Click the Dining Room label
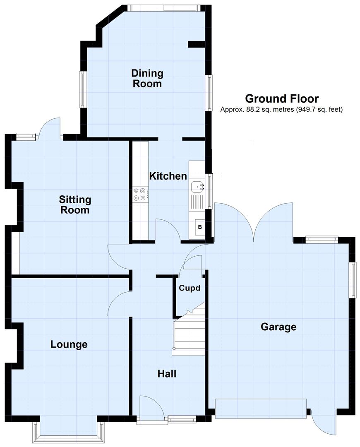point(147,79)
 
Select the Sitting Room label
point(75,205)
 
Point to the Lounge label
point(69,344)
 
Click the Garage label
point(278,327)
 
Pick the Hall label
point(167,374)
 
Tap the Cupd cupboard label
point(190,288)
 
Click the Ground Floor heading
point(282,99)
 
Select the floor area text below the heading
point(282,110)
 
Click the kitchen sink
point(197,187)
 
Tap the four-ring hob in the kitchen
point(139,194)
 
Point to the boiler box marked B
point(200,227)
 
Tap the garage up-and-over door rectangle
point(261,408)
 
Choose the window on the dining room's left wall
point(83,89)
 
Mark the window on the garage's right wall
point(353,280)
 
